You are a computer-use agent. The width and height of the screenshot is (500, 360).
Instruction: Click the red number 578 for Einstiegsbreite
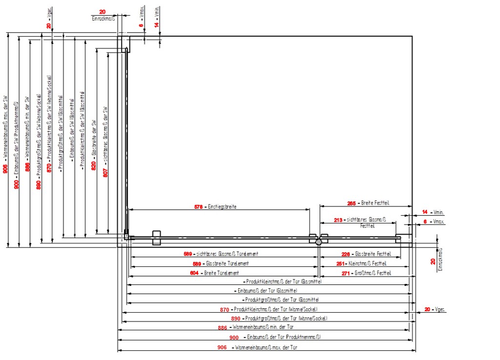tap(199, 207)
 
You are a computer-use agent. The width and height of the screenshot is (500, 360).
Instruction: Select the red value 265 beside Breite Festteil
tap(351, 203)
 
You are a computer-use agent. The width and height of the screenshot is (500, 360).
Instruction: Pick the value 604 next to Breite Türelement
tap(194, 273)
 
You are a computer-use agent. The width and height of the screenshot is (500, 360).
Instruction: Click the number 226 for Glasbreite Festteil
tap(346, 254)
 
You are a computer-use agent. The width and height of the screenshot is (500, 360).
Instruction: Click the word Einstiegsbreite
tap(222, 207)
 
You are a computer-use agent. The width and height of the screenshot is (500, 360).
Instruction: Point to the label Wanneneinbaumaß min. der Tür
tap(263, 327)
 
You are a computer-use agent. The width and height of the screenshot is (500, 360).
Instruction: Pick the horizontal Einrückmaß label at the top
tap(102, 18)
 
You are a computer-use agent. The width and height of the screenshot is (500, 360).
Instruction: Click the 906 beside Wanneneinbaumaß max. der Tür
tap(222, 348)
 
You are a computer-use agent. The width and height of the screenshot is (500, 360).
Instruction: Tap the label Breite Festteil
tap(375, 203)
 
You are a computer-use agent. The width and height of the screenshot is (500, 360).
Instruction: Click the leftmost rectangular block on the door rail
tap(157, 238)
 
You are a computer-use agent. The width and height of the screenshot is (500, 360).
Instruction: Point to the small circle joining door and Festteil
tap(319, 241)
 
